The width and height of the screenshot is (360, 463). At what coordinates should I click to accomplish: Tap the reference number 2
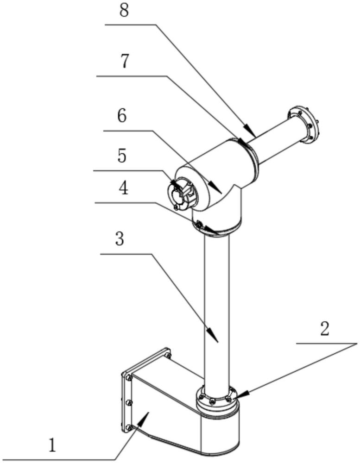point(325,329)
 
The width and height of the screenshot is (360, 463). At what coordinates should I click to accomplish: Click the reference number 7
point(124,62)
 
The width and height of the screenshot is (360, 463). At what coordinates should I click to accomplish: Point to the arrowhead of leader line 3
point(216,341)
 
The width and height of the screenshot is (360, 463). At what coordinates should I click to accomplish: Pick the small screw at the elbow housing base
point(199,225)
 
